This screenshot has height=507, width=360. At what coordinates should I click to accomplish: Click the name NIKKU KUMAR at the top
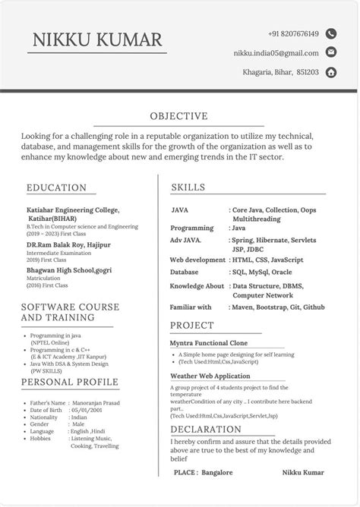[x=96, y=39]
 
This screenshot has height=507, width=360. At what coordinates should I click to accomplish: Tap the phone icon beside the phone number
[x=331, y=33]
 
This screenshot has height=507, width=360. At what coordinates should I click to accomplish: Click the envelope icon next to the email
[x=331, y=52]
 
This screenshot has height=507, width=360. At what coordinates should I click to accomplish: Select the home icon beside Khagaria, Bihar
[x=331, y=73]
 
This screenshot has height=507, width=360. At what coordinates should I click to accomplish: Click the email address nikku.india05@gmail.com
[x=276, y=53]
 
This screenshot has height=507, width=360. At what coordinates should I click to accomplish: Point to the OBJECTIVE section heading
[x=178, y=116]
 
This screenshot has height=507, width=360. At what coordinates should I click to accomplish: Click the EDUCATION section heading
[x=56, y=187]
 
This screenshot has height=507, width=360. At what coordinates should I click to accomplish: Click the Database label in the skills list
[x=185, y=271]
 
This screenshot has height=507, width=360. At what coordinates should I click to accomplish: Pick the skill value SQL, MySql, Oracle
[x=261, y=271]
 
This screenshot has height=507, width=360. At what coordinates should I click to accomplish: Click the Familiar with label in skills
[x=191, y=307]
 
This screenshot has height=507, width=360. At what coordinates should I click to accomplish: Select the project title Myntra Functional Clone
[x=209, y=343]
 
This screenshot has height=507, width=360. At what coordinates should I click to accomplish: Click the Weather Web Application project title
[x=210, y=376]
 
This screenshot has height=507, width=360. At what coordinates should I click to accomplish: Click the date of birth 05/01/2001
[x=87, y=409]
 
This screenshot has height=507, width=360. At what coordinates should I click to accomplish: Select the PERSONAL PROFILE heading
[x=69, y=382]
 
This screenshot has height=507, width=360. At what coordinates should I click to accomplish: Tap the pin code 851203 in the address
[x=308, y=73]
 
